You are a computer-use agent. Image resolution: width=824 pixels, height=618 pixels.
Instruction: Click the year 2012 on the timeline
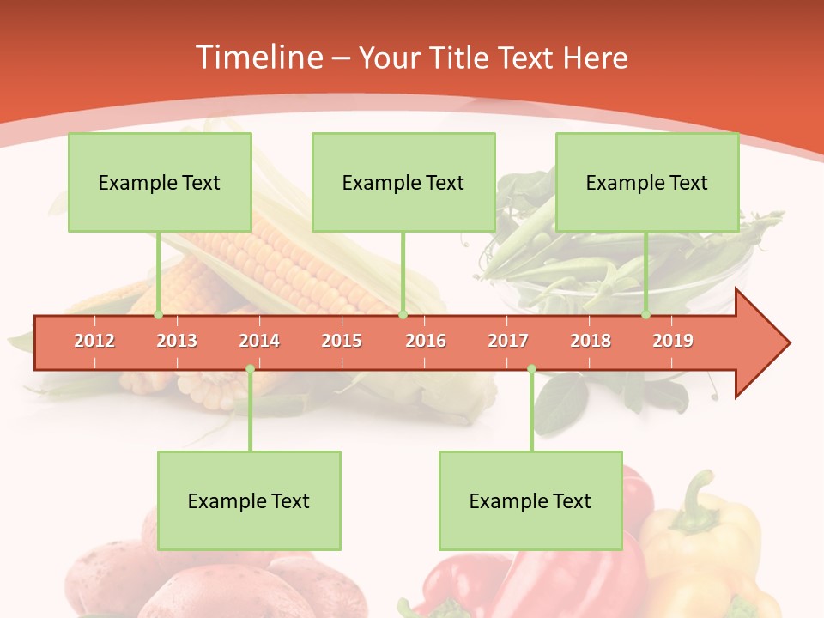point(94,341)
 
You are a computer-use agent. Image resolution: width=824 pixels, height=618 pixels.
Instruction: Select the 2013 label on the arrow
point(177,341)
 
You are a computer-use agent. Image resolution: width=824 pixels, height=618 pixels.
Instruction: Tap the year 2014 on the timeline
point(259,341)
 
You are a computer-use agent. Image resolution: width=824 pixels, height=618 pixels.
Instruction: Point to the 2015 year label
point(342,341)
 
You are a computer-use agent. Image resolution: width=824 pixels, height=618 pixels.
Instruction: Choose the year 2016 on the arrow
point(426,341)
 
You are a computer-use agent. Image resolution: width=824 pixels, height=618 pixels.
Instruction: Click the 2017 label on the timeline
point(508,341)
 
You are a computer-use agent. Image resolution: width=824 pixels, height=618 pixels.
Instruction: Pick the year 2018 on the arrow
point(591,341)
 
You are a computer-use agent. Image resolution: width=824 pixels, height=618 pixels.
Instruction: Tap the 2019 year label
point(673,341)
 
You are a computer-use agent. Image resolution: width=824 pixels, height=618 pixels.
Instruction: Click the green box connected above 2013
point(160,182)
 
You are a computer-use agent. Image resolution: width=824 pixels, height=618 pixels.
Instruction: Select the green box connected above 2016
point(403,182)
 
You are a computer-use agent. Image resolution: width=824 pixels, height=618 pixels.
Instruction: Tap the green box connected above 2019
point(647,182)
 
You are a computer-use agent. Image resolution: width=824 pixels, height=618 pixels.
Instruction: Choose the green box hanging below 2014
point(249,500)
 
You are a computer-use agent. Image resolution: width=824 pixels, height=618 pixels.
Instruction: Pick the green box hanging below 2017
point(530,500)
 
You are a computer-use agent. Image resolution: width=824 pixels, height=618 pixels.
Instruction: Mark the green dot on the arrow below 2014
point(250,369)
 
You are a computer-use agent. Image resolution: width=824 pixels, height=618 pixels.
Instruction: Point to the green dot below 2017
point(531,369)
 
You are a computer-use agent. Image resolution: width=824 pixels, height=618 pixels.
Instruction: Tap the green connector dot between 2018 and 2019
point(645,315)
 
